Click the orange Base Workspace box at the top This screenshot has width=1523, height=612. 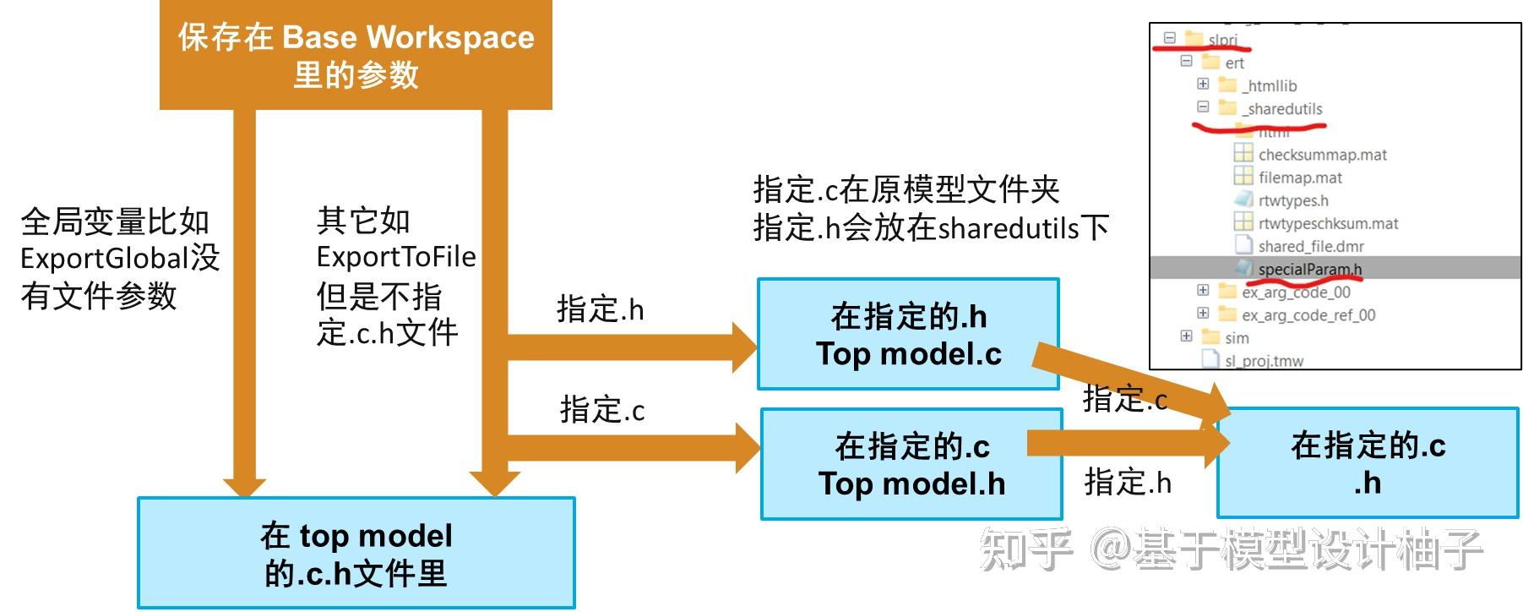(x=356, y=55)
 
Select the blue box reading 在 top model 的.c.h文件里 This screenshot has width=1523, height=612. (x=356, y=553)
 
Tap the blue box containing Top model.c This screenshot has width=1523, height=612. (x=908, y=335)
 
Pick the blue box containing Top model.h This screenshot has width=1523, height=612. (x=911, y=464)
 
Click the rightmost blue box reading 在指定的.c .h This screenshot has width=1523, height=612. (x=1368, y=463)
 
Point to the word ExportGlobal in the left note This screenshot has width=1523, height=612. (x=104, y=259)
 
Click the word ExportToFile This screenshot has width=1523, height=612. (x=396, y=257)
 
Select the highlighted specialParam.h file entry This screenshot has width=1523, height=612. (x=1309, y=270)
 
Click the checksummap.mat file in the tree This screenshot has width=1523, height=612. (x=1322, y=155)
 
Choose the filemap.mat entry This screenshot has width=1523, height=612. (x=1300, y=178)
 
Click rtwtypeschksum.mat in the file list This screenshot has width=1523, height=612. (x=1328, y=223)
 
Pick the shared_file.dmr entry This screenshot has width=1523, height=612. (x=1310, y=246)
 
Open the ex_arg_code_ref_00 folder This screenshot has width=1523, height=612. (x=1308, y=315)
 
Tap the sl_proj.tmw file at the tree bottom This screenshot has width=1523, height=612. (x=1264, y=361)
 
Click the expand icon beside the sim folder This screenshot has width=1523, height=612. (x=1186, y=336)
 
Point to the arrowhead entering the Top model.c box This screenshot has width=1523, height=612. (x=743, y=347)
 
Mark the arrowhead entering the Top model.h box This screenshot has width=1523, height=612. (x=747, y=448)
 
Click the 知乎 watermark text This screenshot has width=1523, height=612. (x=1025, y=549)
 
